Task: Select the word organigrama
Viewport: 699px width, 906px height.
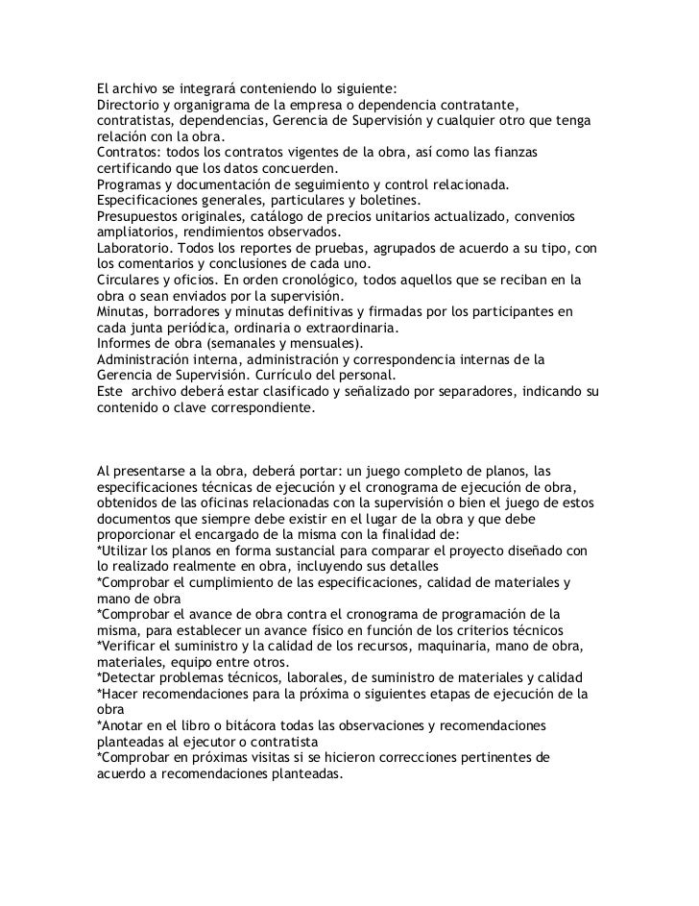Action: pyautogui.click(x=220, y=104)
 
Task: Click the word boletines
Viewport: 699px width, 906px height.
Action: pyautogui.click(x=386, y=201)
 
